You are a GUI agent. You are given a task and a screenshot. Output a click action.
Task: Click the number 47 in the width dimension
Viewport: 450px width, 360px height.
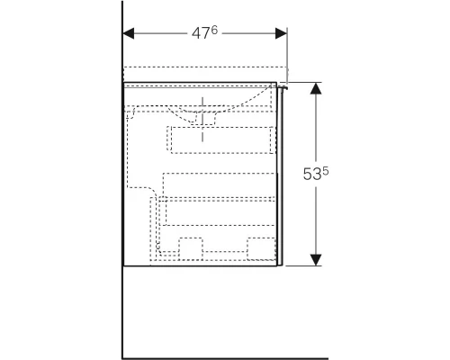200,33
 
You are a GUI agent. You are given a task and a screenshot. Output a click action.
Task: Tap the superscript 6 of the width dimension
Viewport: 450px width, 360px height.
214,30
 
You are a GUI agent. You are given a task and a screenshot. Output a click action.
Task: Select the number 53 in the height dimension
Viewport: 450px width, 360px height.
312,174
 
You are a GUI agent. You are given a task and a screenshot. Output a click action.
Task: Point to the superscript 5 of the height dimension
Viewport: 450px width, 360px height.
326,171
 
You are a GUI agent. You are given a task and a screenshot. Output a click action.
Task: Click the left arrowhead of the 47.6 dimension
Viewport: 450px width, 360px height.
129,33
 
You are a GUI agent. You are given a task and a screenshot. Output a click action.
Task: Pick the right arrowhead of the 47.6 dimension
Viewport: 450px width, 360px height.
281,33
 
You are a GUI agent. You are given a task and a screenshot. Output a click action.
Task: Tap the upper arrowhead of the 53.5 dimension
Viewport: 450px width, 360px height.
316,88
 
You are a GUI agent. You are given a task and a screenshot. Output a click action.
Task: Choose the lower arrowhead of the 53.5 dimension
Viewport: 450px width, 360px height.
316,260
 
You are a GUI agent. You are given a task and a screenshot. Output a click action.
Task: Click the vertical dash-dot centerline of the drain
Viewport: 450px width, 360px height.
202,119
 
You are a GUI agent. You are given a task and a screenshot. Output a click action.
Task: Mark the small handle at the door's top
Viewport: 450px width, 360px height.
283,87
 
